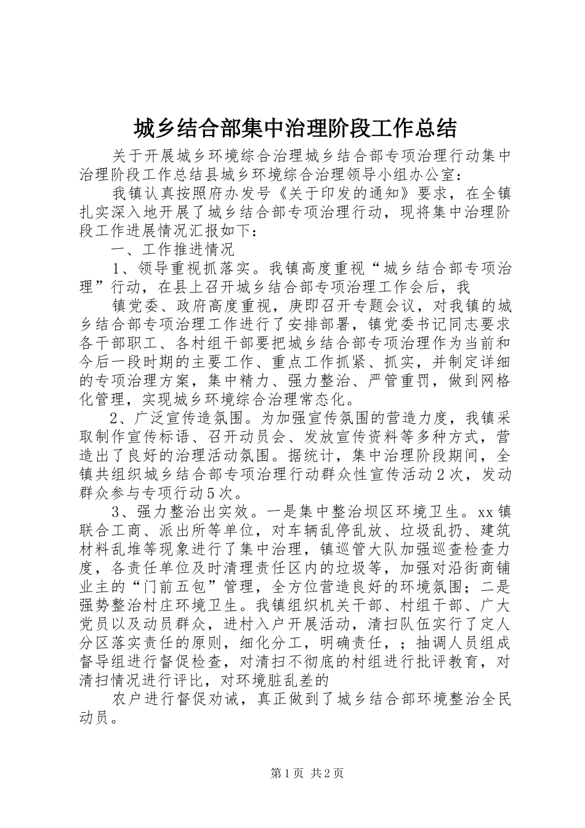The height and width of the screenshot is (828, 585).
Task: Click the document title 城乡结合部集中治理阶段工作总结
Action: click(x=295, y=129)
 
